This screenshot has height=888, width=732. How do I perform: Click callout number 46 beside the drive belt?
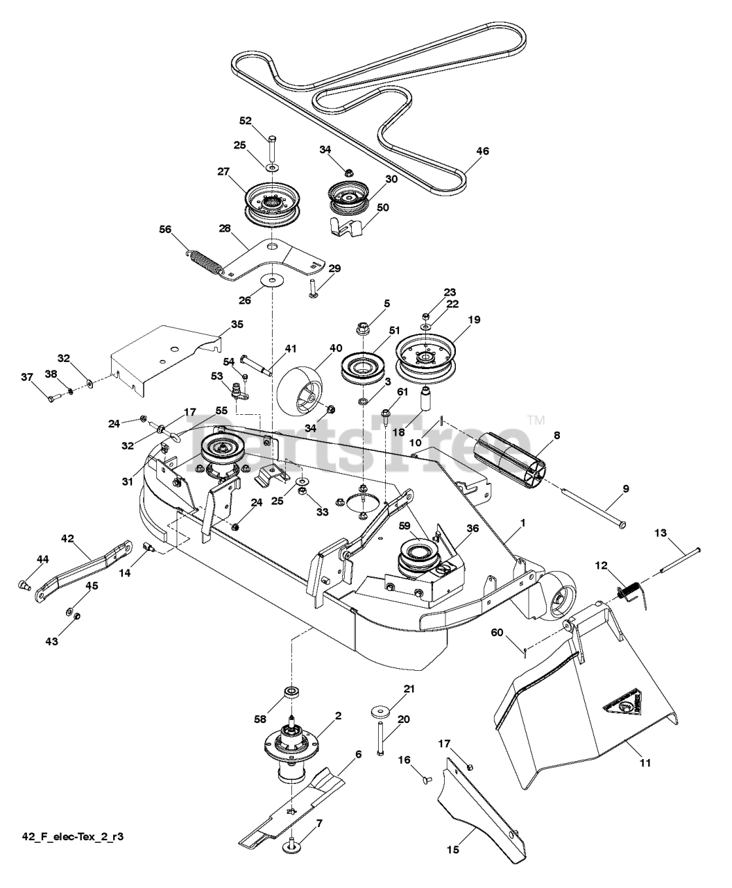point(482,151)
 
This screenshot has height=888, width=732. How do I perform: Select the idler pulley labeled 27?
point(272,204)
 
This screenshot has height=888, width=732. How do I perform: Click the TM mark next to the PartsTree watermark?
point(536,420)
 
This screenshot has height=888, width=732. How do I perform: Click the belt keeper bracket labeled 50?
point(347,226)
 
